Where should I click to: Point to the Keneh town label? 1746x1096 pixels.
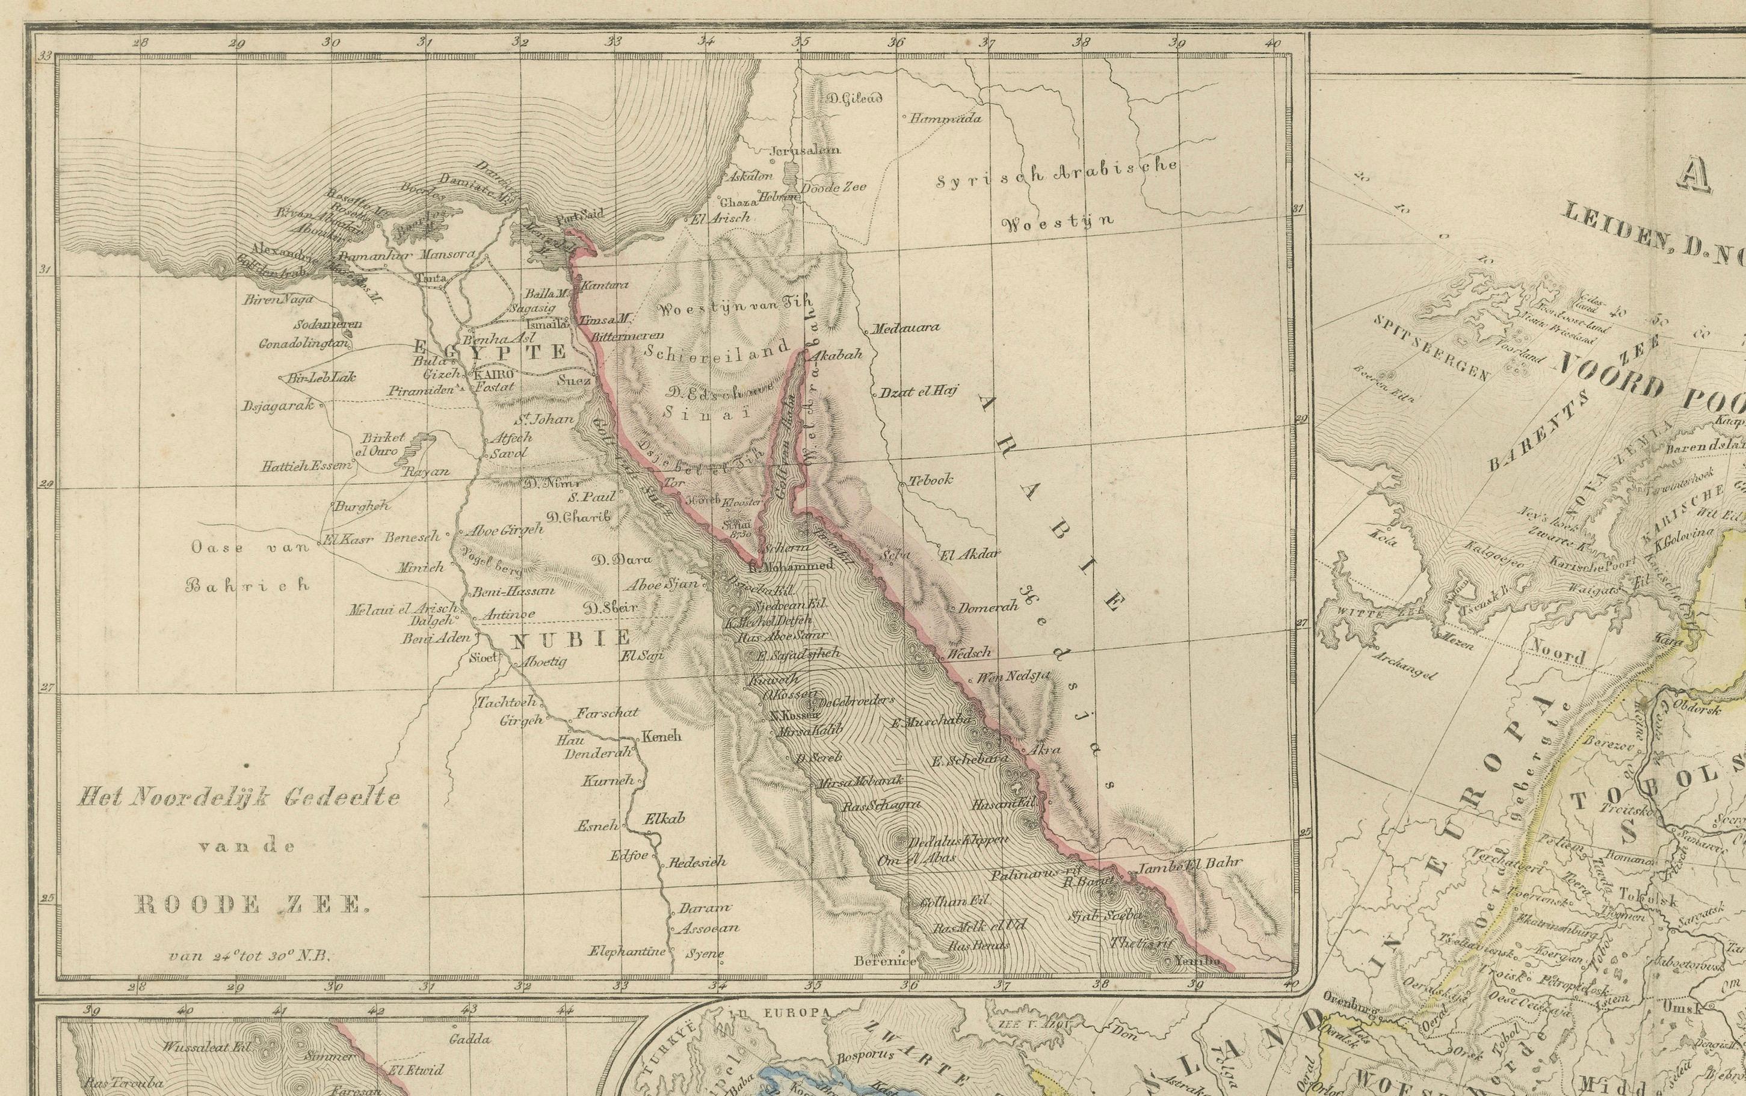662,737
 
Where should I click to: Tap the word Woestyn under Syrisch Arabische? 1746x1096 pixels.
1058,221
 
